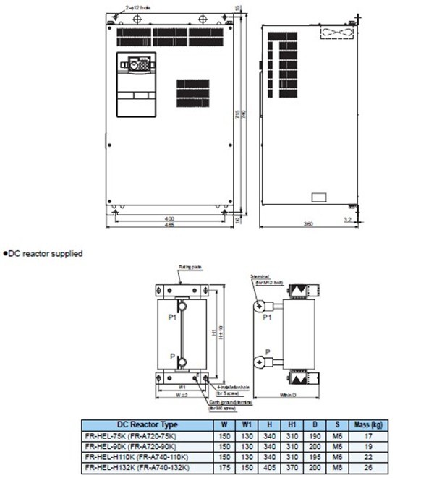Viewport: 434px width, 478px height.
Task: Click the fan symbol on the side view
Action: (x=333, y=33)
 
